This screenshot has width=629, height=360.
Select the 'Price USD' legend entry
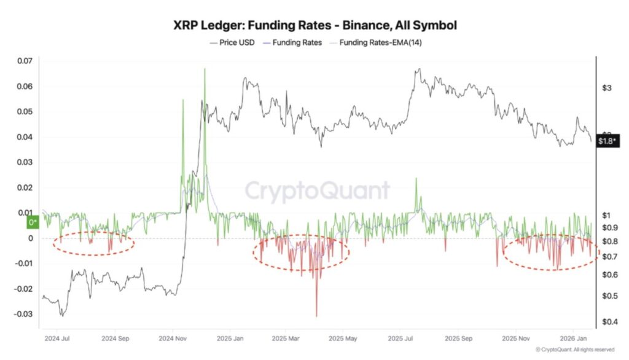(236, 43)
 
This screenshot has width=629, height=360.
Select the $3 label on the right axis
(607, 88)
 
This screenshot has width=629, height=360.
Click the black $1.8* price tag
(609, 142)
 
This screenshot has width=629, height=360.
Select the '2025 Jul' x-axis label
(403, 338)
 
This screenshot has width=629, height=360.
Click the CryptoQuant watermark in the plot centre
(318, 190)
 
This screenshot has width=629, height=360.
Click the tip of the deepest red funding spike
(317, 316)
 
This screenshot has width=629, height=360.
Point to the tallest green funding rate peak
(204, 68)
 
